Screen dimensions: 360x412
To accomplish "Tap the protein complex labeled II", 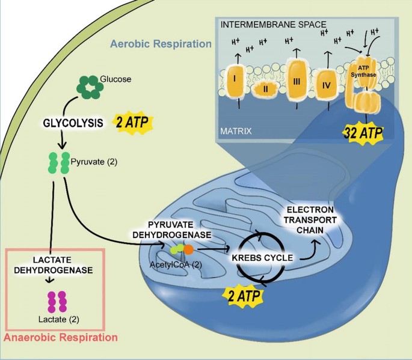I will click(x=265, y=89).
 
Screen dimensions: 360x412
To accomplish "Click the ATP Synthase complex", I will click(x=363, y=87).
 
